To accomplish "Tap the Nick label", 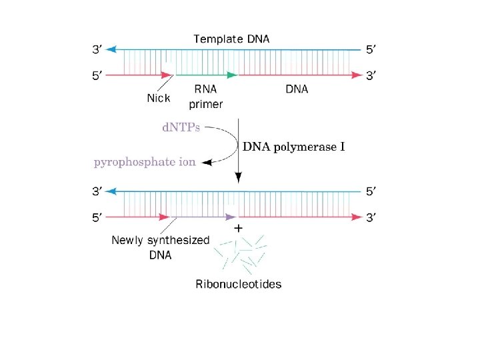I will tap(158, 98).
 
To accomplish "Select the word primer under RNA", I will tap(206, 103).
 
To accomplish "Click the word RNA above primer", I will tap(205, 89).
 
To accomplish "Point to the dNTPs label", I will tap(181, 127).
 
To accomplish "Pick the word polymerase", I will tap(302, 146).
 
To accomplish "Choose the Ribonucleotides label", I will tap(239, 284).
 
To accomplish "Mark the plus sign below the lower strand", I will tap(238, 228).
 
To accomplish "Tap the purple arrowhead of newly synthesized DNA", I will tap(231, 217).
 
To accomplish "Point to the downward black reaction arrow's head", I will tap(238, 179).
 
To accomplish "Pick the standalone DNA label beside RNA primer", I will tap(297, 89).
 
